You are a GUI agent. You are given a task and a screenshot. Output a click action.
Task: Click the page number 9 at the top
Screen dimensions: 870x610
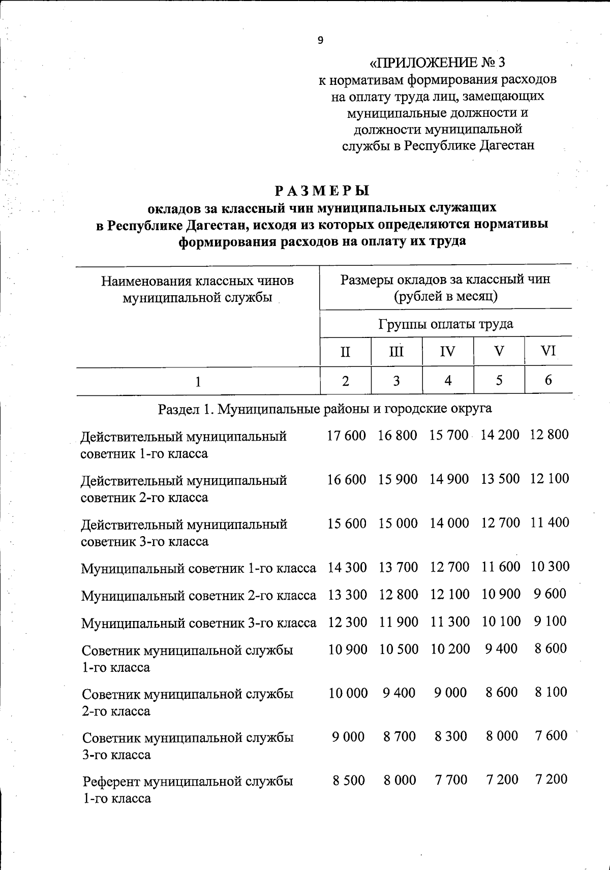320,41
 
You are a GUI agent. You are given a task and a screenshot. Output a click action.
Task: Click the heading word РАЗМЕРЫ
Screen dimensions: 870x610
322,191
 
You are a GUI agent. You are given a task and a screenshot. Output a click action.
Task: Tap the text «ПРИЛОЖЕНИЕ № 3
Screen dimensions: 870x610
437,63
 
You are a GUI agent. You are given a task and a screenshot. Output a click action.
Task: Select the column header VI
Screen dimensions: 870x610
548,351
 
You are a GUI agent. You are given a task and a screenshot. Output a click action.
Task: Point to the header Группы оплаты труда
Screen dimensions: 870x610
446,324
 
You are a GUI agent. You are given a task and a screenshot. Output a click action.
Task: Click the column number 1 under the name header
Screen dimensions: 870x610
198,381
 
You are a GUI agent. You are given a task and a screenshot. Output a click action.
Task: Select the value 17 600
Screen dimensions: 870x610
346,436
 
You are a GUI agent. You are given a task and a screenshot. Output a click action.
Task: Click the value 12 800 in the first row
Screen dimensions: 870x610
549,435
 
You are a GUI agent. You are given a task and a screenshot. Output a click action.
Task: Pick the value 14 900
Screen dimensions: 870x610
449,479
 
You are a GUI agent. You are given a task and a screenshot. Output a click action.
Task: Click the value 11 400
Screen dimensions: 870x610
550,522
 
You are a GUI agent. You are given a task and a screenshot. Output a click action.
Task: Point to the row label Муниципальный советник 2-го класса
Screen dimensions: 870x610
198,595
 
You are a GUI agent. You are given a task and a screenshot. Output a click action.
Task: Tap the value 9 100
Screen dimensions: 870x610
550,621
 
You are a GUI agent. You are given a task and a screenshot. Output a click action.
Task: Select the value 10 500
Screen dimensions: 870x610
399,649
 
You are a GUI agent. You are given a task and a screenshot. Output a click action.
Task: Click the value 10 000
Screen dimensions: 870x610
348,693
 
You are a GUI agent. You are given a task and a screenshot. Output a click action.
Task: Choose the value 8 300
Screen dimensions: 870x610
450,736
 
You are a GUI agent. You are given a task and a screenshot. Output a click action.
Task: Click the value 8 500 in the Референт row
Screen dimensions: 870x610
349,780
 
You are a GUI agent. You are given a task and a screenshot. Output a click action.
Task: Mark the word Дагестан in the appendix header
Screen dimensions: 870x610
506,145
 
